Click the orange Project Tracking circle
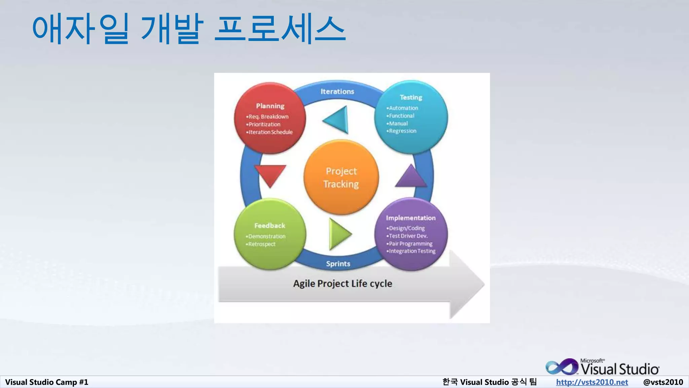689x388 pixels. (341, 177)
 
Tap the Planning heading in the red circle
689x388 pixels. (270, 106)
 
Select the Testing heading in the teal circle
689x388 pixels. (411, 97)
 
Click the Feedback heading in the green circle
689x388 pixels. (270, 226)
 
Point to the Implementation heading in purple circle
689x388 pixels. (411, 218)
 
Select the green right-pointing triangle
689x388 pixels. (338, 234)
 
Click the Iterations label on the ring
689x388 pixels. (337, 92)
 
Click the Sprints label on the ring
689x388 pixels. (338, 264)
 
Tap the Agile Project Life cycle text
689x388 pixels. (342, 284)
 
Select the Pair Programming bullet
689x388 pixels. (410, 244)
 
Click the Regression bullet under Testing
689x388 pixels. (402, 131)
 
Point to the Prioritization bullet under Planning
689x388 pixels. (264, 124)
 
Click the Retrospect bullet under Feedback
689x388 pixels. (262, 244)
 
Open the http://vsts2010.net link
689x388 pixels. (592, 382)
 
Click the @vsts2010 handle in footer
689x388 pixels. (663, 382)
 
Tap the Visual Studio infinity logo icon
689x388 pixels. (561, 367)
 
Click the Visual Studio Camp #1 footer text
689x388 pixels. (47, 382)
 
